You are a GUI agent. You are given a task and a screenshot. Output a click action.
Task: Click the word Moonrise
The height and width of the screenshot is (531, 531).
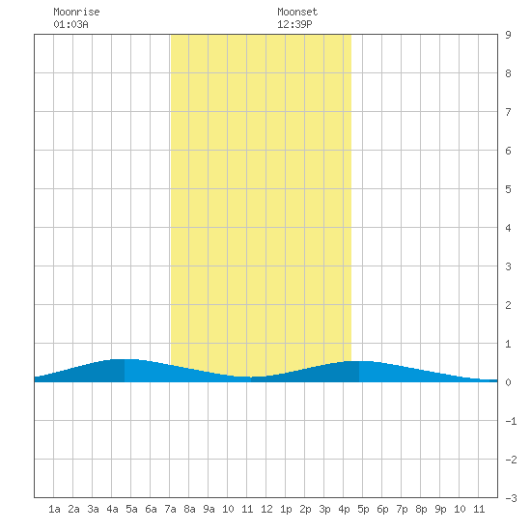tap(76, 12)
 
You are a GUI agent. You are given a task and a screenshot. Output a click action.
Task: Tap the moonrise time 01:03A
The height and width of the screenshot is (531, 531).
tap(70, 24)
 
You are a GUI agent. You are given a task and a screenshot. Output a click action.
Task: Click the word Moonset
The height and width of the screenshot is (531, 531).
tap(297, 12)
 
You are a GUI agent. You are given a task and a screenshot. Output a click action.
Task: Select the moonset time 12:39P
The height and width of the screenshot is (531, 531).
tap(294, 24)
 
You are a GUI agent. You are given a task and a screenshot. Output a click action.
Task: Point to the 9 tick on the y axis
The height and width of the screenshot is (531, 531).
tap(508, 35)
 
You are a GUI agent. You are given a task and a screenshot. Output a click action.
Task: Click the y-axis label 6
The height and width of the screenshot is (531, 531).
tap(508, 151)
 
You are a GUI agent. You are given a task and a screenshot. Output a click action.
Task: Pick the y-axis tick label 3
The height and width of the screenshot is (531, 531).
tap(508, 266)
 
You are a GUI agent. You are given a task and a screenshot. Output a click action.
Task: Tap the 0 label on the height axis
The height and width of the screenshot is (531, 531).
tap(508, 382)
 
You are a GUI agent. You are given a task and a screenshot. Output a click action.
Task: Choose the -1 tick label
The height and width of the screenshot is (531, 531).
tap(511, 421)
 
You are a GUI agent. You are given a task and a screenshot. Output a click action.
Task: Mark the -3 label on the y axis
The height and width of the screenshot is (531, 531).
tap(511, 498)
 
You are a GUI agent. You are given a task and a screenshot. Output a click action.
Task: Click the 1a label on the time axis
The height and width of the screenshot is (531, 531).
tap(54, 509)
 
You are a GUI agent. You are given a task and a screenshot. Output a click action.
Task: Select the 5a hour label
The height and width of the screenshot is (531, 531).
tap(131, 509)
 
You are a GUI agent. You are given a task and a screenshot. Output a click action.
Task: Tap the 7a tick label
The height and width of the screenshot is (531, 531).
tap(170, 509)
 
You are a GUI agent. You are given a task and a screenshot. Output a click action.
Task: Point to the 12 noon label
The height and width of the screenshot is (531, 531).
tap(266, 509)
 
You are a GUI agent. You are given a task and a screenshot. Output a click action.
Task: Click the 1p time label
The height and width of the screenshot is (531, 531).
tap(286, 509)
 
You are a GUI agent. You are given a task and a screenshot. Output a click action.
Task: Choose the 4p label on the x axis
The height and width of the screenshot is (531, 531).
tap(344, 509)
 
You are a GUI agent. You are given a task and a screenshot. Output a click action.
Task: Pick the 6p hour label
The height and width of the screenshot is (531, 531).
tap(382, 509)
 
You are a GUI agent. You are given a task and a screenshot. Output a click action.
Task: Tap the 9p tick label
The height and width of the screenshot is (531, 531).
tap(440, 509)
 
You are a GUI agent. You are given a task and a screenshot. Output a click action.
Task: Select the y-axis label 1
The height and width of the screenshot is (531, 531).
tap(508, 344)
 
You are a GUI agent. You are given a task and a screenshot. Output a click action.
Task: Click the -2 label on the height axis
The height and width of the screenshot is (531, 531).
tap(511, 460)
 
